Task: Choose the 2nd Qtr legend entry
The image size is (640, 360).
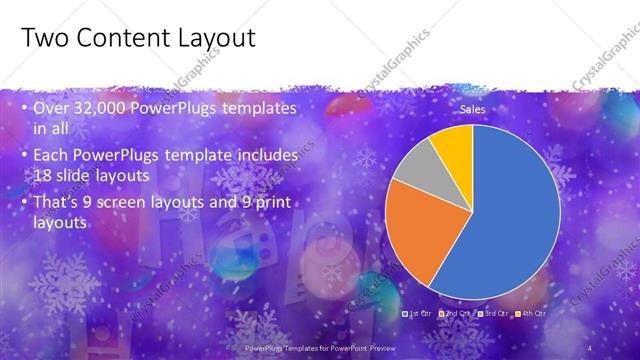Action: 457,313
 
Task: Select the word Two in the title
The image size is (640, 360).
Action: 43,38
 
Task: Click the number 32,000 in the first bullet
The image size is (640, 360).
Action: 112,108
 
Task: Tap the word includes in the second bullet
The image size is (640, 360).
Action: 267,156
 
